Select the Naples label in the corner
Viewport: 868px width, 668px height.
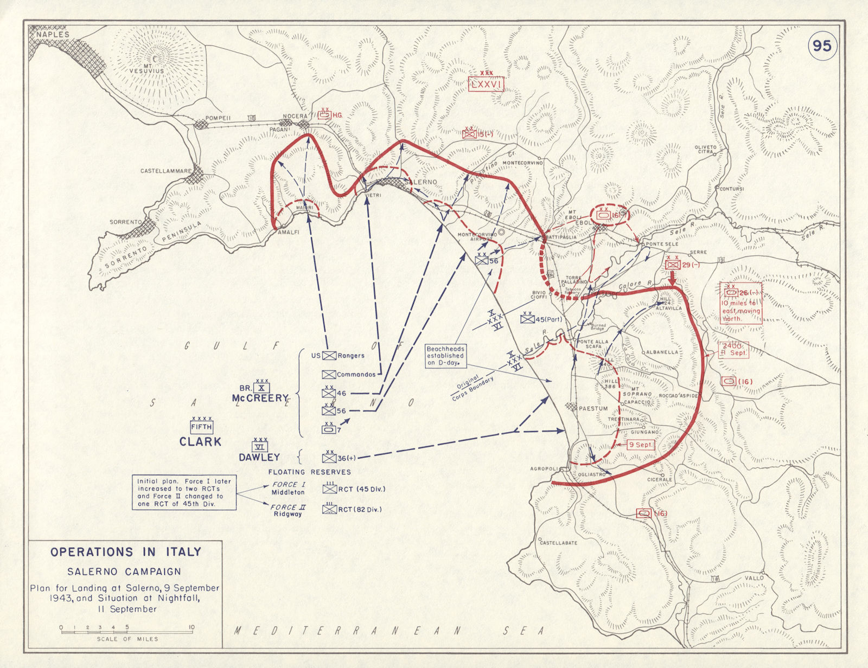click(53, 34)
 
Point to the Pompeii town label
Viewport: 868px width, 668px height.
click(218, 118)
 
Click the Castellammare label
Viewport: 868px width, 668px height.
click(165, 171)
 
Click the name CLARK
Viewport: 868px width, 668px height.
click(200, 442)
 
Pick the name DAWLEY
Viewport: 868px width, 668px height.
click(259, 457)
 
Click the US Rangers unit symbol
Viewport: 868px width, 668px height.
click(329, 356)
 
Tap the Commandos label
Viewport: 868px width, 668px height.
click(356, 374)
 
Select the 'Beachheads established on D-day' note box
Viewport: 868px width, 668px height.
click(445, 356)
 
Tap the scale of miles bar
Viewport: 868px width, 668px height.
click(126, 629)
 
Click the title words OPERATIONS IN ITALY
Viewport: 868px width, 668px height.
click(125, 552)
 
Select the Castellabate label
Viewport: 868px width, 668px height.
click(558, 542)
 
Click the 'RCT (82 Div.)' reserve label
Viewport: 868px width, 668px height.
click(360, 509)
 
